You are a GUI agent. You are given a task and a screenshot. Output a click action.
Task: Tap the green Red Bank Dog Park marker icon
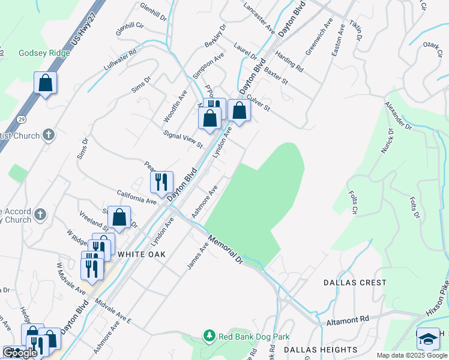(x=209, y=335)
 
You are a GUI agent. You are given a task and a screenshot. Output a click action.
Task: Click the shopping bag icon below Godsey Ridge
(x=45, y=83)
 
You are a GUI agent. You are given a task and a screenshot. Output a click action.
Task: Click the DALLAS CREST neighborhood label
(x=355, y=282)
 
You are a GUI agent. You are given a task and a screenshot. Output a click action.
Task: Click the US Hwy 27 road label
(x=83, y=32)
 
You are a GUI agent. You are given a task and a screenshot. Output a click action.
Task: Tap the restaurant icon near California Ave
(x=161, y=182)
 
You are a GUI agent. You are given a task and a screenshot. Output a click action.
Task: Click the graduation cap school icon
(x=427, y=338)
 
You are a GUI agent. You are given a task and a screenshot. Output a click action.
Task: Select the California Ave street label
(x=137, y=197)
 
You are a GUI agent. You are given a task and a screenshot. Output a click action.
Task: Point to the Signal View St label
(x=184, y=139)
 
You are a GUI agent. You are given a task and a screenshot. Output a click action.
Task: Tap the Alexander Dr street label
(x=400, y=116)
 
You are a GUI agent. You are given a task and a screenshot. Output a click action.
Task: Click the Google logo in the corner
(x=20, y=353)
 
